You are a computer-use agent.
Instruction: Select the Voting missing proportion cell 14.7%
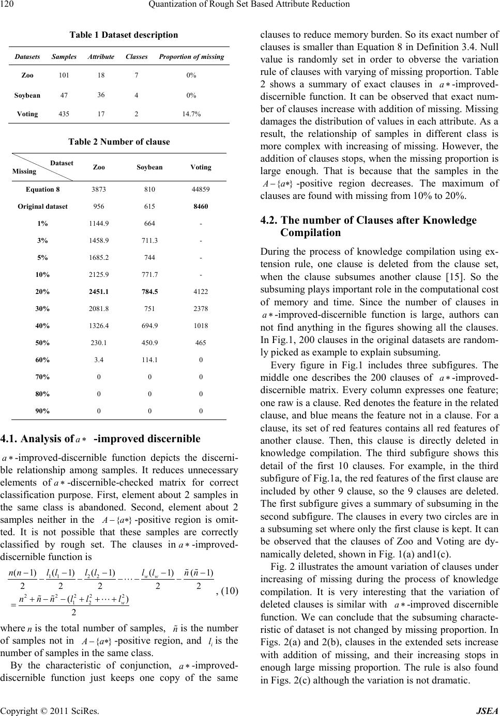(x=191, y=114)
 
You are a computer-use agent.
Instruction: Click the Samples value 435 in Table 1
(x=64, y=114)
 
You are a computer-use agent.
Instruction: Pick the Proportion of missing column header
(x=191, y=56)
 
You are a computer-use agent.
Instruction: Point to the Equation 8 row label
(x=42, y=190)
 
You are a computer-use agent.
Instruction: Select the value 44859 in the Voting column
(x=201, y=190)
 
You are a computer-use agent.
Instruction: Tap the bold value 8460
(x=201, y=206)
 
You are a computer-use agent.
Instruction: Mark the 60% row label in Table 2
(x=42, y=360)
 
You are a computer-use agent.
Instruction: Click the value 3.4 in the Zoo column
(x=99, y=360)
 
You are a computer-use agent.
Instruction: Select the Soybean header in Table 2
(x=149, y=167)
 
